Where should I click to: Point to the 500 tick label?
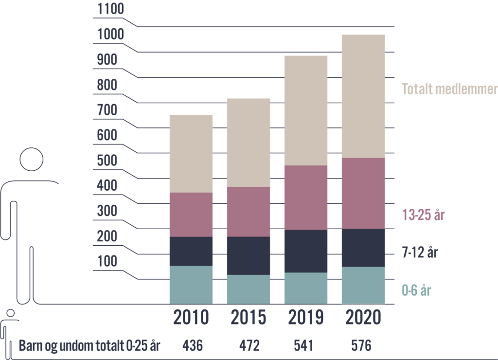coord(107,161)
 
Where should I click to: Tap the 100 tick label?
coord(107,262)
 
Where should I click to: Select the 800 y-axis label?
coord(107,85)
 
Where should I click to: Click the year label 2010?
coord(191,318)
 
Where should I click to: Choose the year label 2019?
coord(305,318)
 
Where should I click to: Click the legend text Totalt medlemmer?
coord(448,90)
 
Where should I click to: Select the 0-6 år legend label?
coord(416,291)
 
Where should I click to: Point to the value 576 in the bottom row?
coord(361,346)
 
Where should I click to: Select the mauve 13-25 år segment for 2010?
coord(191,215)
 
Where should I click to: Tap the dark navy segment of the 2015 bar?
coord(249,255)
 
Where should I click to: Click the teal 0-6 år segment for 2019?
coord(305,288)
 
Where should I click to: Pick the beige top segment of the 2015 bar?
coord(249,142)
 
